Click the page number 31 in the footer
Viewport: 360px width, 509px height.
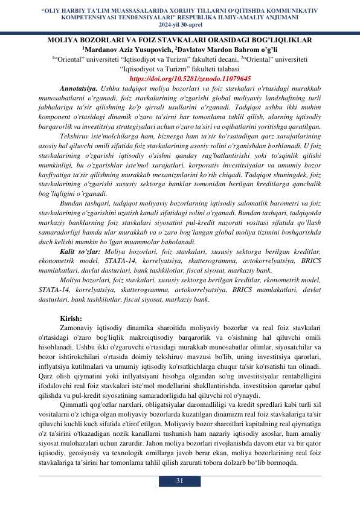(x=179, y=481)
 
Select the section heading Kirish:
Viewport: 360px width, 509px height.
(x=71, y=319)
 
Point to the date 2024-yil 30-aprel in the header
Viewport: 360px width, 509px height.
(x=179, y=25)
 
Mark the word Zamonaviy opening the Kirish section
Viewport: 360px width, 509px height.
(x=79, y=329)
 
